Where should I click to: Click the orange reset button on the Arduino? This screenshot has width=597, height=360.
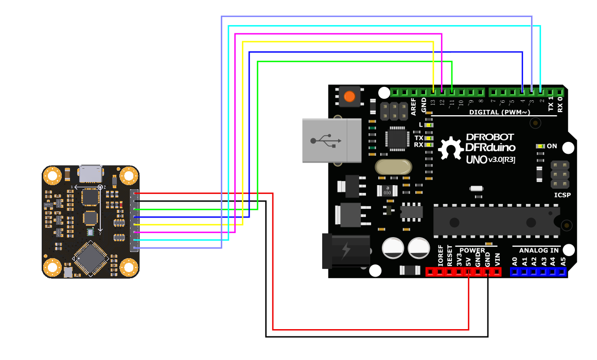click(349, 96)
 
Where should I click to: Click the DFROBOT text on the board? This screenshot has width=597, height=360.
click(489, 137)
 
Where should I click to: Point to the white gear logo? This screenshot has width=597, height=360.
click(451, 149)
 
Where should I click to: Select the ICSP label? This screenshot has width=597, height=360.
click(562, 195)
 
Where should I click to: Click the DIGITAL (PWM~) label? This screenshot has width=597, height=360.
click(499, 112)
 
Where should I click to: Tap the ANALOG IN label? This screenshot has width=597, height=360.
click(539, 250)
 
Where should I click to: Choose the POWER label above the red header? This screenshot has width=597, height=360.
click(472, 250)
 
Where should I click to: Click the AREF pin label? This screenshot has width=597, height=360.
click(413, 106)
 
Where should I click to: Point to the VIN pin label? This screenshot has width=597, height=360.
click(497, 259)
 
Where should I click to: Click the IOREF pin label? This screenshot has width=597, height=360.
click(440, 256)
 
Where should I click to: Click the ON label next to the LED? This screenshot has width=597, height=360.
click(552, 146)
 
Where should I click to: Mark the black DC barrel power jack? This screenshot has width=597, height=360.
click(345, 250)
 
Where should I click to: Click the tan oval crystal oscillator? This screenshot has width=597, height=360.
click(393, 167)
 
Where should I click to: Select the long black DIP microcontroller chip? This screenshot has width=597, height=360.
click(496, 222)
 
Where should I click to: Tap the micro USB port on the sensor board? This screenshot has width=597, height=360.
click(91, 173)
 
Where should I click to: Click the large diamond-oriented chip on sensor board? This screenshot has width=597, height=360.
click(90, 257)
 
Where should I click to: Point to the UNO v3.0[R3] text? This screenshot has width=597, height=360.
click(490, 160)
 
